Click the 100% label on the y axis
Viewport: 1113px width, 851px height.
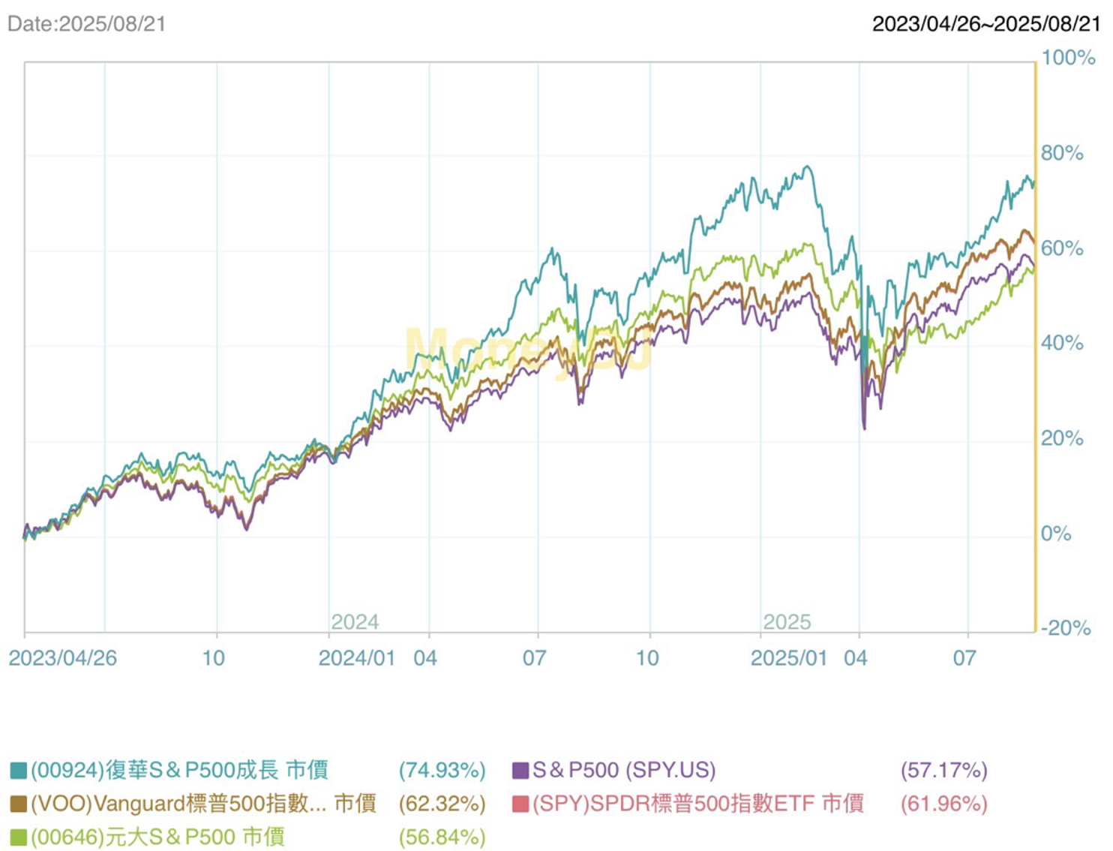[1068, 58]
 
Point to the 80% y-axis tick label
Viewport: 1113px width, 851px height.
[1062, 153]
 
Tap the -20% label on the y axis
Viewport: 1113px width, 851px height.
[1065, 627]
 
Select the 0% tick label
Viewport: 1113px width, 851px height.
[1056, 534]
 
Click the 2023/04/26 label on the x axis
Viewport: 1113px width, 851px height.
[63, 658]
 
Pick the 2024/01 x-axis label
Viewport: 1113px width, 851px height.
[356, 658]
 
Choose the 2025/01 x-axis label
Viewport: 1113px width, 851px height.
[788, 658]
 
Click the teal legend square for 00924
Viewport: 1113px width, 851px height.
[19, 771]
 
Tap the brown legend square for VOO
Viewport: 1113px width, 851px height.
[19, 804]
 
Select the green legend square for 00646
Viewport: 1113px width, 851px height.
[19, 837]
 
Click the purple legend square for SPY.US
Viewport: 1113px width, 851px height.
[520, 771]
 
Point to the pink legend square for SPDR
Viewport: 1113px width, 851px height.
[520, 804]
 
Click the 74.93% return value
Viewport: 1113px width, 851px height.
[442, 771]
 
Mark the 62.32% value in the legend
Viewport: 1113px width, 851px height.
[442, 804]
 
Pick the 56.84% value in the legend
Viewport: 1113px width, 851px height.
[442, 837]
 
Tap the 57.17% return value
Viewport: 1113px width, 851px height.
[943, 771]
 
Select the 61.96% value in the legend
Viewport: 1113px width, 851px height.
[943, 804]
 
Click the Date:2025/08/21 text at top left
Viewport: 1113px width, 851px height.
[86, 24]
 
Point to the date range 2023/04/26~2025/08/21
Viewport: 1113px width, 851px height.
[986, 24]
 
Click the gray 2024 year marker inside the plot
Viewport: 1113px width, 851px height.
[355, 622]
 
